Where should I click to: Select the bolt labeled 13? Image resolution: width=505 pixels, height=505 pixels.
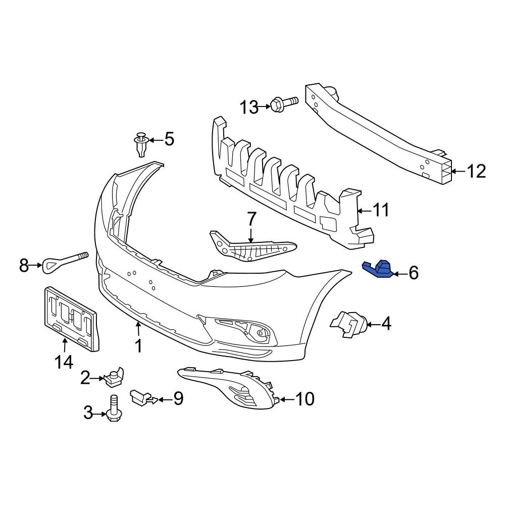point(283,104)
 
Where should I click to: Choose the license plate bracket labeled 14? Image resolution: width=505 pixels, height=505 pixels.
point(71,318)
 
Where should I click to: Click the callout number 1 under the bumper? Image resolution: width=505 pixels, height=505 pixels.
point(138,346)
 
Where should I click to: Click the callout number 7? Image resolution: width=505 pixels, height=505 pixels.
point(251,220)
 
